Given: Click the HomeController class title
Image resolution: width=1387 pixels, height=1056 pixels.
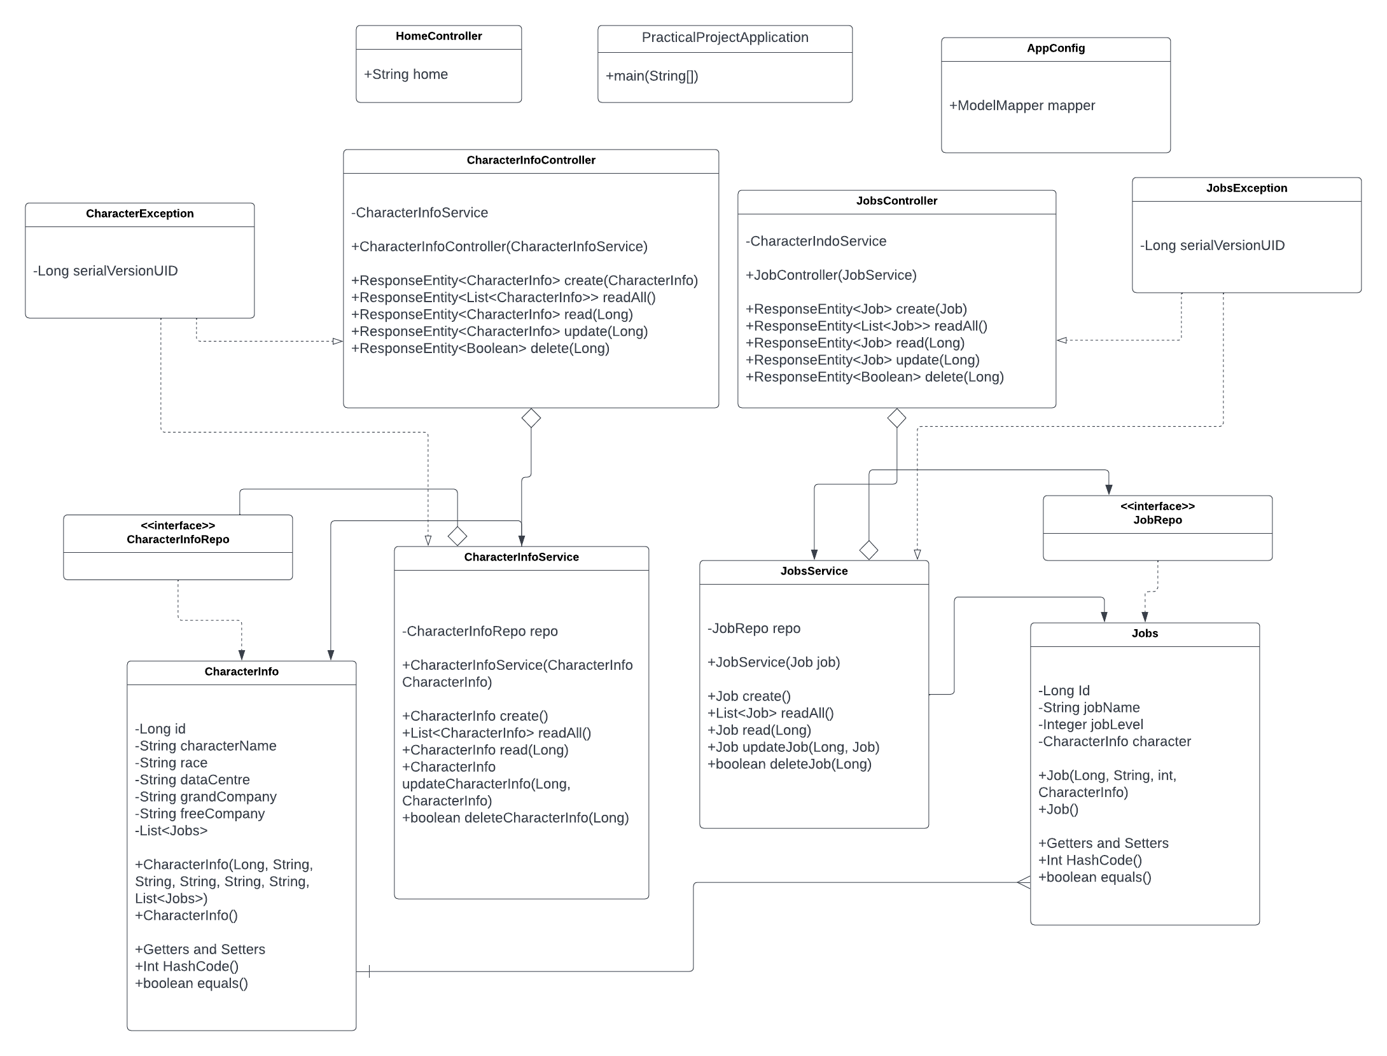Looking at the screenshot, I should point(438,36).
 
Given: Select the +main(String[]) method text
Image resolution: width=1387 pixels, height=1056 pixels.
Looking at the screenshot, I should point(652,76).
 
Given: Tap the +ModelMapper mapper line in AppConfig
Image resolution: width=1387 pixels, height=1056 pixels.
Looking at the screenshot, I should point(1022,106).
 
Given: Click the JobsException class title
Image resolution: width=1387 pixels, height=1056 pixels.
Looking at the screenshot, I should point(1246,188).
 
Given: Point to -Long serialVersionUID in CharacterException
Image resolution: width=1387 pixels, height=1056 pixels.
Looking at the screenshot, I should point(106,271).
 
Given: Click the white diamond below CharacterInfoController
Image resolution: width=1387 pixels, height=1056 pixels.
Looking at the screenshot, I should point(531,419).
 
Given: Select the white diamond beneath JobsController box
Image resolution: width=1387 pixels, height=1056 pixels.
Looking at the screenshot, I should point(896,419).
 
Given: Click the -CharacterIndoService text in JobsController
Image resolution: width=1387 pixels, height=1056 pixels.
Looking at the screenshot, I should point(816,242).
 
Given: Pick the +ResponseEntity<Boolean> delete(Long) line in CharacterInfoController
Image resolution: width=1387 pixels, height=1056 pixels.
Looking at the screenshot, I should point(480,349).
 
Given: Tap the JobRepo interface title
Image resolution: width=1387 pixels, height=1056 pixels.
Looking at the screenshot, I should point(1157,520).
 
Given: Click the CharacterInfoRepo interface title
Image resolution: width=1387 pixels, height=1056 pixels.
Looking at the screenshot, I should point(178,539).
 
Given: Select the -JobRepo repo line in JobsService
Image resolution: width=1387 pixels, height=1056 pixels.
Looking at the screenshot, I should point(754,629).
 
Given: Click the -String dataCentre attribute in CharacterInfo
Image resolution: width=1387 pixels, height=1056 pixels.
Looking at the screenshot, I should point(192,780).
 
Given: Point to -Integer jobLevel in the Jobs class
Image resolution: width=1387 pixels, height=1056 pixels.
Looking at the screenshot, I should point(1091,725).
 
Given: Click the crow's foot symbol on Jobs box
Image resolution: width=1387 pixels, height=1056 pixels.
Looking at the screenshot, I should point(1023,882).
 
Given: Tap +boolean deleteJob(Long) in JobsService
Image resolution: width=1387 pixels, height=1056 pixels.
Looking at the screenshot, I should point(789,764).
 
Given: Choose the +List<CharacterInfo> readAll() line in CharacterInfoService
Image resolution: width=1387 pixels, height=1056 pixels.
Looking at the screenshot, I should point(496,733).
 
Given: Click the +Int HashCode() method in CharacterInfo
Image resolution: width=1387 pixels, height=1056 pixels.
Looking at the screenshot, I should point(186,966).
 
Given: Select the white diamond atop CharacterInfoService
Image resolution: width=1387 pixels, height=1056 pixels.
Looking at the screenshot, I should point(457,536).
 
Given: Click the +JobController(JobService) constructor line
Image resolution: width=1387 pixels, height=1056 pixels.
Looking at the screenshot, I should point(831,275).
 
